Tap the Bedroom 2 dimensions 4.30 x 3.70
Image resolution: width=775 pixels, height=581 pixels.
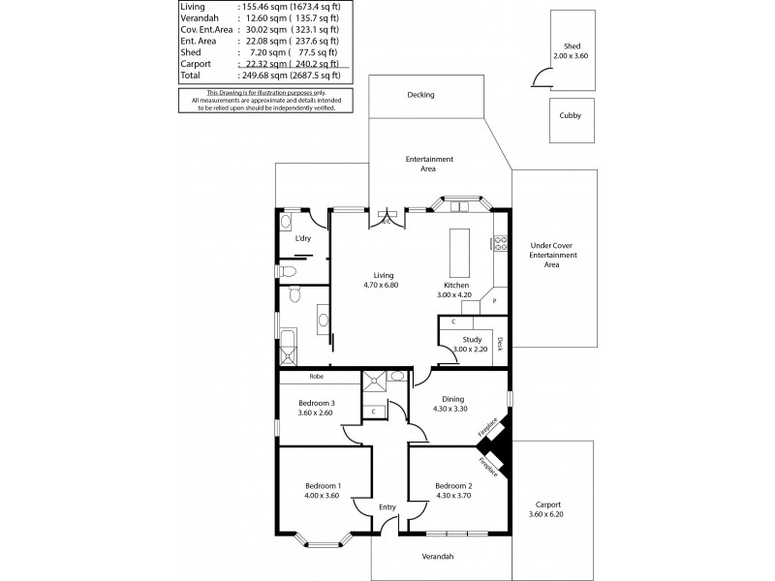[x=453, y=496]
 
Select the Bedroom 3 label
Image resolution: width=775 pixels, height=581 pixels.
[x=316, y=404]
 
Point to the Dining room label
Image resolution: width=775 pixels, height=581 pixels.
[x=453, y=398]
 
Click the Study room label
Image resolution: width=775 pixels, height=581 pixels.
[x=472, y=339]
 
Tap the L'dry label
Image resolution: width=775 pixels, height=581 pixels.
[x=303, y=238]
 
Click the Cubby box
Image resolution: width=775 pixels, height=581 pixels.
[x=571, y=115]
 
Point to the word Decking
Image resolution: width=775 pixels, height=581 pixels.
[x=421, y=95]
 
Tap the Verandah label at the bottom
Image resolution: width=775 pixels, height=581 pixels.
[x=438, y=556]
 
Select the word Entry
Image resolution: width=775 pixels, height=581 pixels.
[x=388, y=506]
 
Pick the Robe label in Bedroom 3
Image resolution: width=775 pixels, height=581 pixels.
[x=316, y=376]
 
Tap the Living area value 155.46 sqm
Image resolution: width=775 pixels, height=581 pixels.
[x=263, y=7]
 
